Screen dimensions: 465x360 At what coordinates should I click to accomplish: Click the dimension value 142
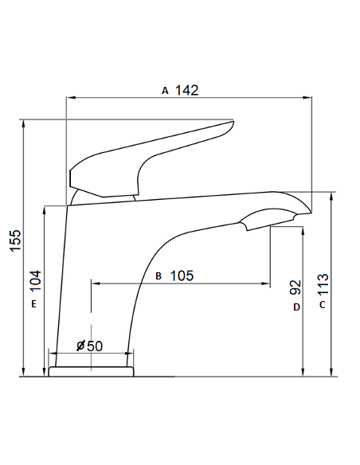(186, 90)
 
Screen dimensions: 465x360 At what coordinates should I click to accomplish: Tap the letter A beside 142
(165, 91)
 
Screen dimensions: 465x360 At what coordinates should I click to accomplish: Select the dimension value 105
(182, 275)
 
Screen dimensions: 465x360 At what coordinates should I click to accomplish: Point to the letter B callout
(158, 276)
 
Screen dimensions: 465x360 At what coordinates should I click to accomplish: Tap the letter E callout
(34, 304)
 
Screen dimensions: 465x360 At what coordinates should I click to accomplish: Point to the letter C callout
(322, 305)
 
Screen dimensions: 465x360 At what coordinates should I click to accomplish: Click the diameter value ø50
(90, 346)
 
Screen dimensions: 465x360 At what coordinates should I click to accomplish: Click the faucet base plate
(91, 371)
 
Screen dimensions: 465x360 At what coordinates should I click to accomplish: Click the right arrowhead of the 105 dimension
(267, 282)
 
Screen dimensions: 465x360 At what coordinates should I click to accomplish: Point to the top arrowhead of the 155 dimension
(24, 123)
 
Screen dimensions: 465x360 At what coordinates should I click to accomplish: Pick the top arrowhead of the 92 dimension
(302, 230)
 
